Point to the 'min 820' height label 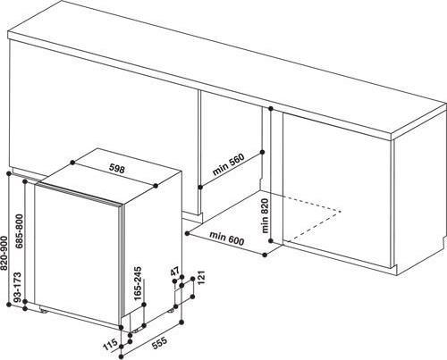(266, 214)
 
